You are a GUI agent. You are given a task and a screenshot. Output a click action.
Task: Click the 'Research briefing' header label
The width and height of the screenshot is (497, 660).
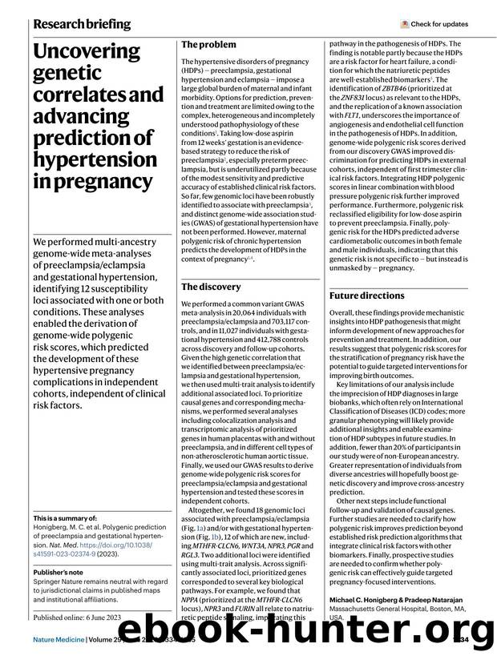tap(82, 24)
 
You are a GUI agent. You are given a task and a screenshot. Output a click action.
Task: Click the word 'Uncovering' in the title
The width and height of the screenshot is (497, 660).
tap(87, 53)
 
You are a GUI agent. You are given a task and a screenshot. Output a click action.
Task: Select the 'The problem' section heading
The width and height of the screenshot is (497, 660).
tap(208, 46)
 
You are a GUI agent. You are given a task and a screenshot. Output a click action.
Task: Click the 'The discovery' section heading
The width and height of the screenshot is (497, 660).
tap(211, 287)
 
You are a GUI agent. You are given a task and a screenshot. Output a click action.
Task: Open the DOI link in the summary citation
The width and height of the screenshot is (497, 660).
tap(96, 553)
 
